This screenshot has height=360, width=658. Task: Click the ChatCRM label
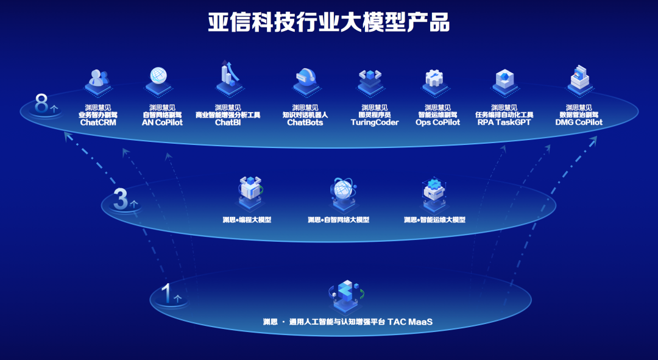pos(97,122)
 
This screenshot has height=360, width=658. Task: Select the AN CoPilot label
pos(161,122)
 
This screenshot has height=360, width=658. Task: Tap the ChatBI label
pos(228,122)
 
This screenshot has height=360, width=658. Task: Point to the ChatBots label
pos(305,122)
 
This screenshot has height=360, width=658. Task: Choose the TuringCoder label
pos(375,122)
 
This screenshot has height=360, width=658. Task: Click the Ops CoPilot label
pos(437,122)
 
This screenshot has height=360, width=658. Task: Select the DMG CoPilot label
pos(578,122)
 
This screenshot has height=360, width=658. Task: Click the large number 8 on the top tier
pos(41,105)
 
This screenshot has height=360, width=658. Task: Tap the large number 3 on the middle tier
pos(121,199)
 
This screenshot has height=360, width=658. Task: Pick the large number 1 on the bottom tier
pos(165,293)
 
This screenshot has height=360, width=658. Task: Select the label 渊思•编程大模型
pos(247,220)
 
